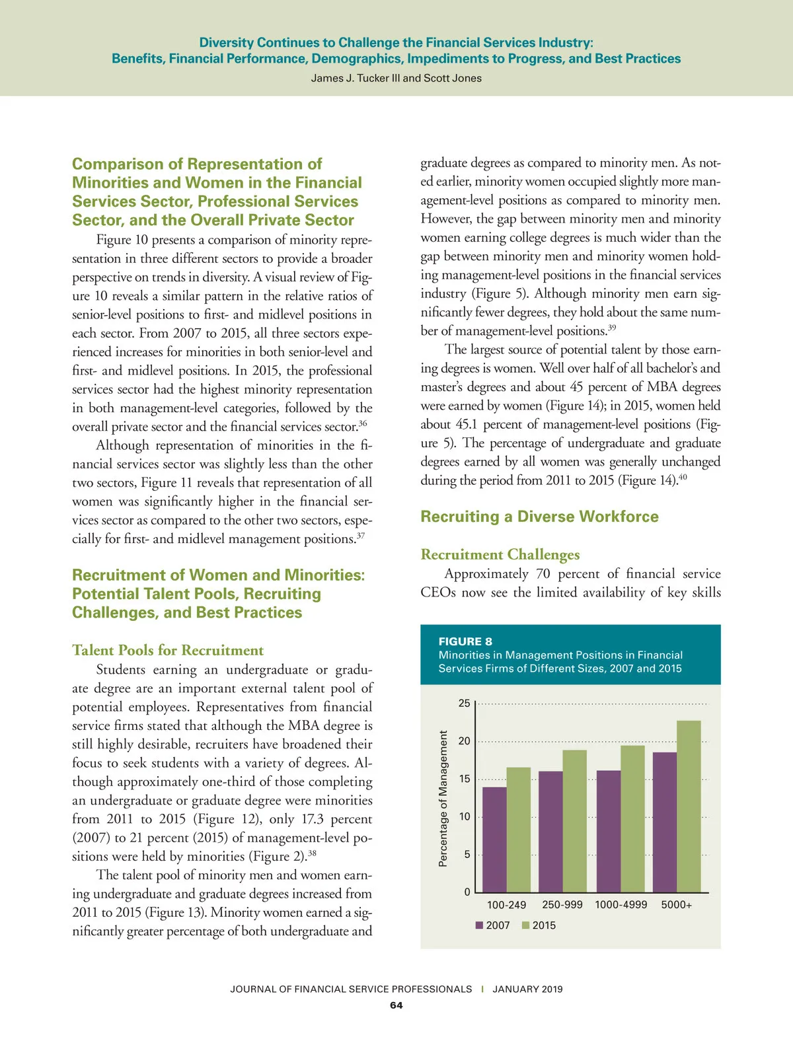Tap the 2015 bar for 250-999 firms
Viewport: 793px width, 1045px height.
(x=574, y=821)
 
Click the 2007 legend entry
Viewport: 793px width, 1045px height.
(x=493, y=925)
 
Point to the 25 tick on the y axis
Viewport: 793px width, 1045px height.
(x=465, y=703)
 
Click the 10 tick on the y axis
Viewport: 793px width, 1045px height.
(x=465, y=817)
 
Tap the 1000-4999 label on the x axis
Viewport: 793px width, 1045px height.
(x=621, y=905)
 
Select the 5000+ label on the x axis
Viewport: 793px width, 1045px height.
(x=676, y=905)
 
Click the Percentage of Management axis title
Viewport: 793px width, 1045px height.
(x=443, y=798)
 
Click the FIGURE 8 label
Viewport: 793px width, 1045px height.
(x=465, y=641)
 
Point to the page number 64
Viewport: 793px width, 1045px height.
(x=396, y=1005)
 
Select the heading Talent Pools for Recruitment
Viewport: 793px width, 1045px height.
(x=168, y=650)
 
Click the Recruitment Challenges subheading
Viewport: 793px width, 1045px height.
(x=500, y=554)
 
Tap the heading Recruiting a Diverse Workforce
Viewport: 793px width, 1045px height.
(x=539, y=517)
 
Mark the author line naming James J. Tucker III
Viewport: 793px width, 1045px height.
(x=397, y=78)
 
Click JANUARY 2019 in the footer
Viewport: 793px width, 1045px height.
(x=527, y=989)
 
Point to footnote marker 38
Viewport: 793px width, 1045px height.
(x=312, y=853)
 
